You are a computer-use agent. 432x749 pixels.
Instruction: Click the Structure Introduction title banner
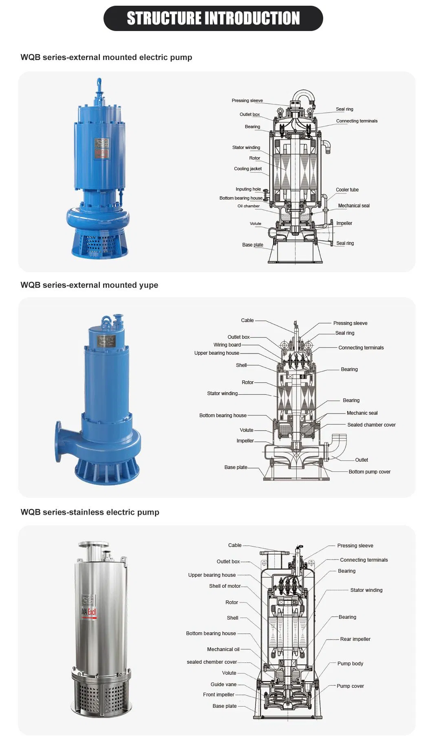(213, 18)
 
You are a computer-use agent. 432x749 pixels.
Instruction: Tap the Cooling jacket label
(248, 169)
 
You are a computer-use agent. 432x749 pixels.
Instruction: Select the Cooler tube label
(347, 190)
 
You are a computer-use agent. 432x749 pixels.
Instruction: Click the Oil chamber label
(249, 206)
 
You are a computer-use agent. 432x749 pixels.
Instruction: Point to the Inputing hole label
(248, 189)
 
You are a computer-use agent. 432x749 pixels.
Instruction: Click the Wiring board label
(227, 345)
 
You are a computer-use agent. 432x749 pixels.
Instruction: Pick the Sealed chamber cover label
(371, 425)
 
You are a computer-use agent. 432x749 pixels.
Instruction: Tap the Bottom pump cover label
(369, 472)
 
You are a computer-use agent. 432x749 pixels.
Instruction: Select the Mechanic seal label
(362, 413)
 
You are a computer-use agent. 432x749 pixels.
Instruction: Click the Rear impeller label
(355, 639)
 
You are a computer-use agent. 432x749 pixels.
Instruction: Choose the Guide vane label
(223, 685)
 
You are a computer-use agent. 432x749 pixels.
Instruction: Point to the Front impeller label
(218, 695)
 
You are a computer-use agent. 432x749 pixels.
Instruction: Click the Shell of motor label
(225, 586)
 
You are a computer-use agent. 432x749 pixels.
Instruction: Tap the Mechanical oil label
(223, 649)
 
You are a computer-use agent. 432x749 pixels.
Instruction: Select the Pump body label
(350, 664)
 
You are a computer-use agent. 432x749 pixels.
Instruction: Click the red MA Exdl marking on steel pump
(89, 612)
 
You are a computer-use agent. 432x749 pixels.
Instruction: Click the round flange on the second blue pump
(58, 442)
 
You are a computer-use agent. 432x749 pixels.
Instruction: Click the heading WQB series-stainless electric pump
(90, 512)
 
